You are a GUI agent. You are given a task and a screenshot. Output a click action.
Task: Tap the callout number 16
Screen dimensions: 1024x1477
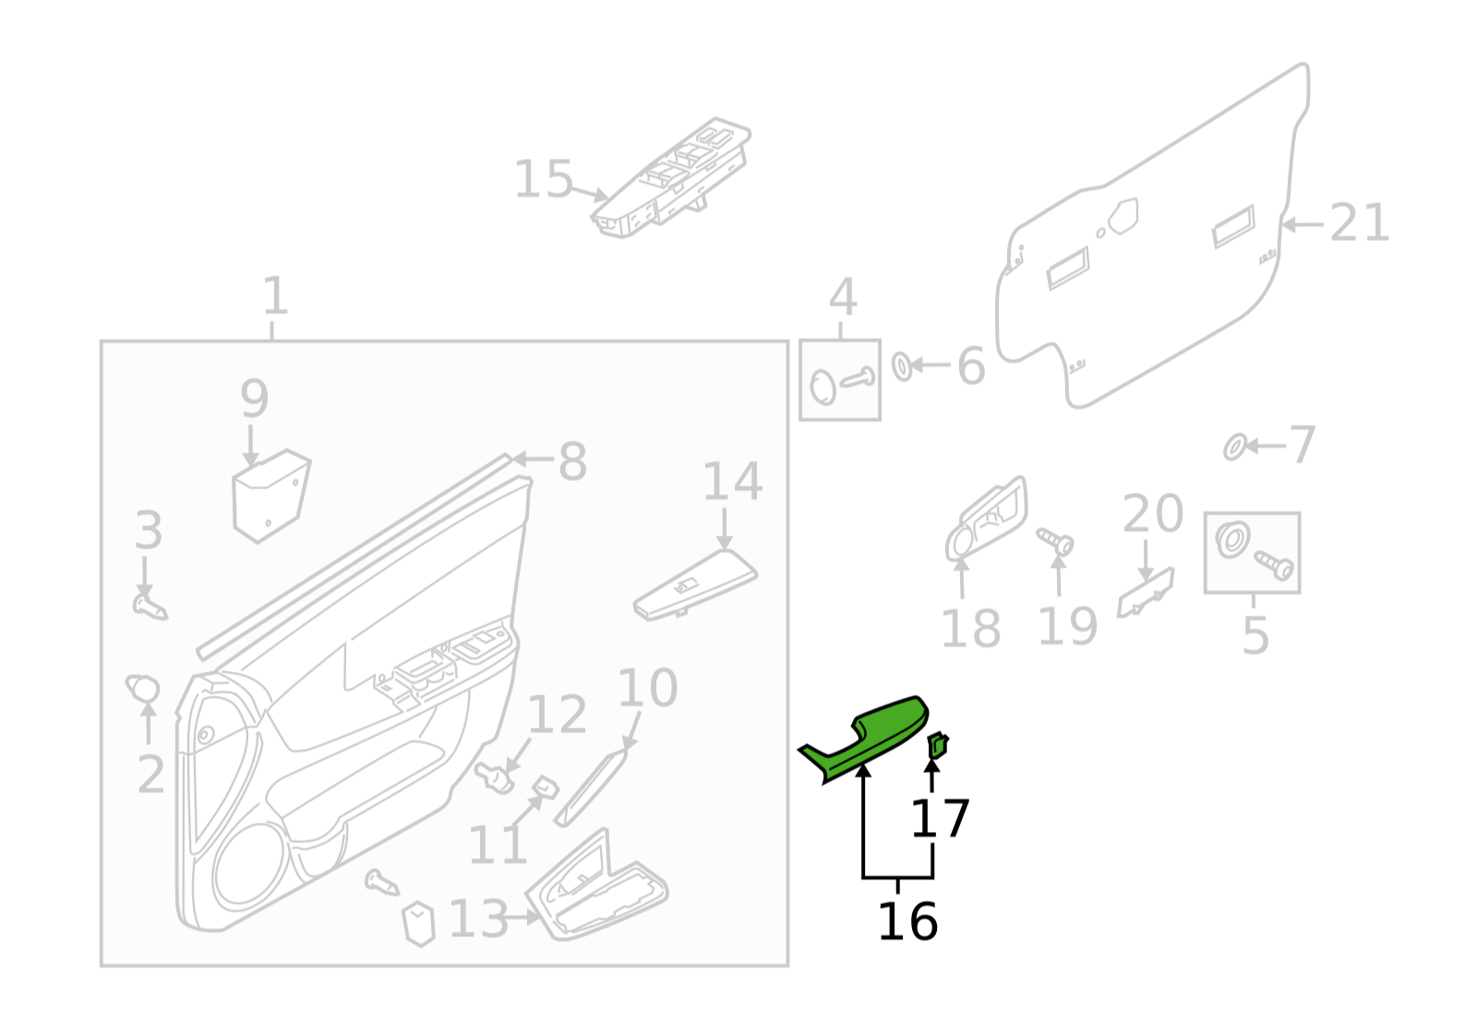907,922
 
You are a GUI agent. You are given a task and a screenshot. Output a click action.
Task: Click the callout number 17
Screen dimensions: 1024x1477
940,819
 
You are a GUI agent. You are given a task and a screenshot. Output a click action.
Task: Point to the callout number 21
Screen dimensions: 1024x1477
1359,223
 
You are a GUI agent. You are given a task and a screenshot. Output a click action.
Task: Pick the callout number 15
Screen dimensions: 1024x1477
543,179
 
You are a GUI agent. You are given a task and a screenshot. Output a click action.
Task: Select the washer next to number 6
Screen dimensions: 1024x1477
902,366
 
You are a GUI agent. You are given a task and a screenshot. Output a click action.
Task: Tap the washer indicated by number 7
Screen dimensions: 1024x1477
1234,448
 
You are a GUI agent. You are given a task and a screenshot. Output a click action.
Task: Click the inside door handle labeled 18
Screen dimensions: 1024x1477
986,519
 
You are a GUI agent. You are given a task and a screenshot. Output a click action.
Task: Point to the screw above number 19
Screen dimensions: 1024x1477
1055,541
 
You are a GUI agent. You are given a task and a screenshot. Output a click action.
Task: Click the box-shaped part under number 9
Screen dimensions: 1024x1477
270,495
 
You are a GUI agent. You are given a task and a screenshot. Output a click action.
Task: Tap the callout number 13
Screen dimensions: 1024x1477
478,919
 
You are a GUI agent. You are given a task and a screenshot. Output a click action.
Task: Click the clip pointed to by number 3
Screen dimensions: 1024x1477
149,606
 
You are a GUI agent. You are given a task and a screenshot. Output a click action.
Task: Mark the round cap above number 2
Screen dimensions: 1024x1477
143,688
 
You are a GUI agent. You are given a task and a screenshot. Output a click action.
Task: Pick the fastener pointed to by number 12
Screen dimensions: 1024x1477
496,777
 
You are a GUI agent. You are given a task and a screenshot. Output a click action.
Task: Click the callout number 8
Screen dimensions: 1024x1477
572,461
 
